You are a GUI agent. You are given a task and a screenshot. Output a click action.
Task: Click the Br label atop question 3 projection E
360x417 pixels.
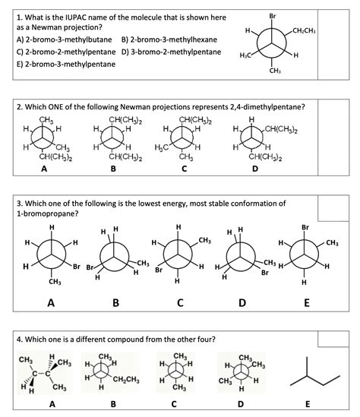click(305, 226)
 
